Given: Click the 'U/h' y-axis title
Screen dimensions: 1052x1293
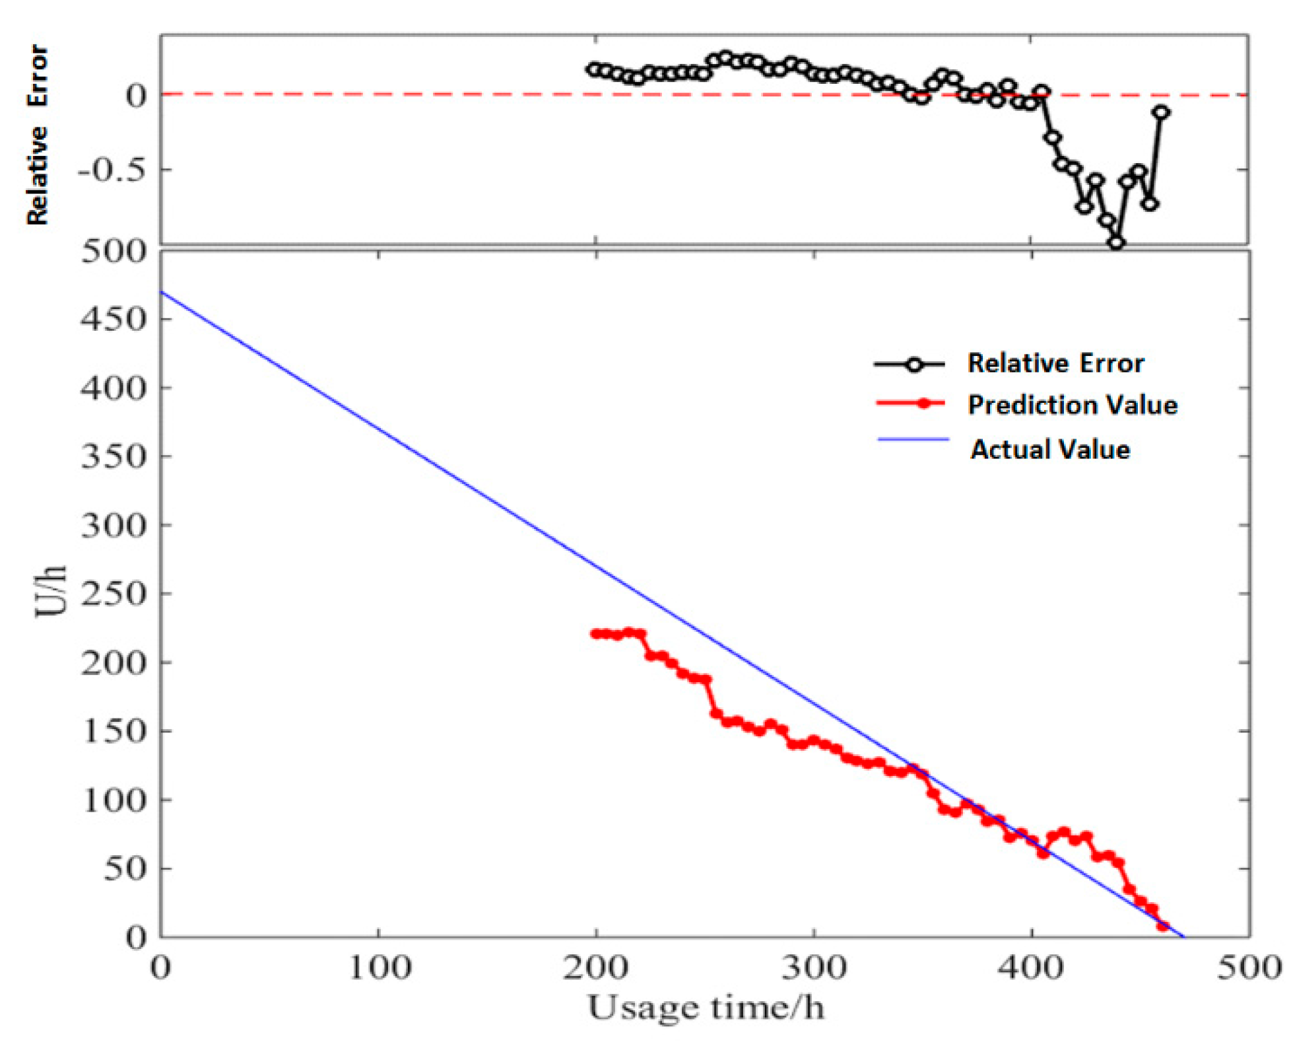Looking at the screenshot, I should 51,591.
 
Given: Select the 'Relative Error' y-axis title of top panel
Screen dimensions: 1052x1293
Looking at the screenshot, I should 38,135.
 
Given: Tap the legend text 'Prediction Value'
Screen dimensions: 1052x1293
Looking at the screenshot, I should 1072,405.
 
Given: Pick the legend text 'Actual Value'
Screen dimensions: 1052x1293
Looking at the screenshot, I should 1049,450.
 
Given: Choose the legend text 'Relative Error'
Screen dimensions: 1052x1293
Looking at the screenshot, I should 1055,363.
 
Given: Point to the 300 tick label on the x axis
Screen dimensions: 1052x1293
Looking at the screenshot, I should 814,969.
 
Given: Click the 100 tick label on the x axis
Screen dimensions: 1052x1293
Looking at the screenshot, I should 379,969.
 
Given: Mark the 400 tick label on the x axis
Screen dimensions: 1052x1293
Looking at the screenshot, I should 1031,969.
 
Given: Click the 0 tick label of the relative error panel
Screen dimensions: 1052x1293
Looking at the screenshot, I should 136,96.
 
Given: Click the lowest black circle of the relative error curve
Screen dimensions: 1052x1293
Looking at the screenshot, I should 1115,242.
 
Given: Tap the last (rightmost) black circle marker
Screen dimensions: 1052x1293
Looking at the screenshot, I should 1161,112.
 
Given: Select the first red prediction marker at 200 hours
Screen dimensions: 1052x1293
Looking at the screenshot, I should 595,634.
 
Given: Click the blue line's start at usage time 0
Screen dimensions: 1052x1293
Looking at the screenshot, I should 162,292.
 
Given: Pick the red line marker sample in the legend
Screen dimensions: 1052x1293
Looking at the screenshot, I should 923,403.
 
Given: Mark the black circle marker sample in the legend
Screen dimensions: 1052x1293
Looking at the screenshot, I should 914,364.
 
